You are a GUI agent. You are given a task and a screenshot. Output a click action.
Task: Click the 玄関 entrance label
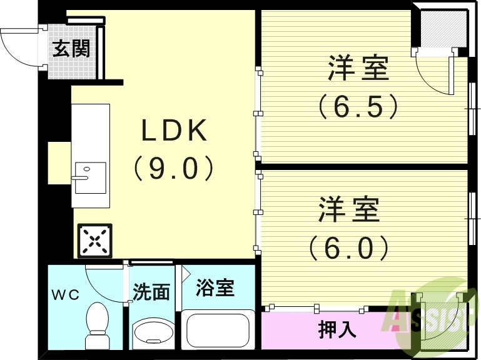pyautogui.click(x=70, y=48)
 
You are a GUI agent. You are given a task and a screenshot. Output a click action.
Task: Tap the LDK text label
pyautogui.click(x=173, y=131)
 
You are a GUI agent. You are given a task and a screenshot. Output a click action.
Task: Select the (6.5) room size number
pyautogui.click(x=358, y=107)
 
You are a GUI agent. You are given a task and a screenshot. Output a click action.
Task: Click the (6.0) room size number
pyautogui.click(x=349, y=248)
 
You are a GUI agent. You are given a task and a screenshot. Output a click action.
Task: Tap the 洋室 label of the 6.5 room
pyautogui.click(x=359, y=69)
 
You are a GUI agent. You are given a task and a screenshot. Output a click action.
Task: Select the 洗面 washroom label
pyautogui.click(x=151, y=292)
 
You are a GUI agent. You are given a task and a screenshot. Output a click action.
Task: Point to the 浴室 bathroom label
pyautogui.click(x=215, y=288)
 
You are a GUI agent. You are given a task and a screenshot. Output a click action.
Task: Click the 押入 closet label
pyautogui.click(x=338, y=329)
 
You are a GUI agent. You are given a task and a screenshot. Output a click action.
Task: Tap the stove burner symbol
pyautogui.click(x=92, y=241)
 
